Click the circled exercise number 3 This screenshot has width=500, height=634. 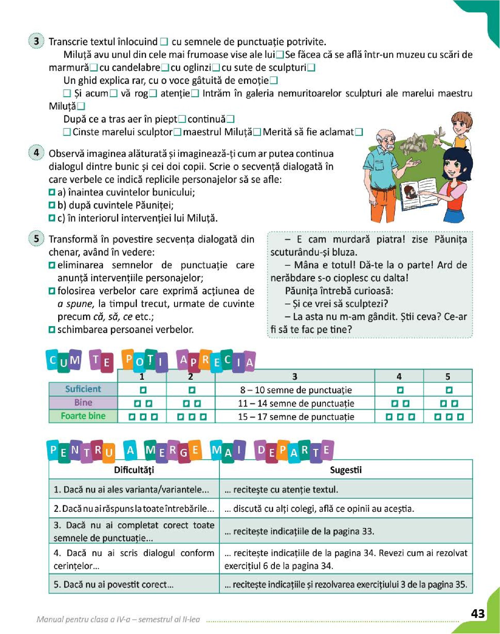pyautogui.click(x=37, y=41)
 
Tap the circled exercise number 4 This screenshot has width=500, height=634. pyautogui.click(x=37, y=153)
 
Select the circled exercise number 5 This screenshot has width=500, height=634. pyautogui.click(x=37, y=239)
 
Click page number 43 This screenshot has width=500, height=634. pyautogui.click(x=477, y=613)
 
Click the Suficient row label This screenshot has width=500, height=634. pyautogui.click(x=83, y=389)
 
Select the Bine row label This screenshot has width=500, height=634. pyautogui.click(x=83, y=403)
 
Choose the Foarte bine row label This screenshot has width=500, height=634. pyautogui.click(x=83, y=416)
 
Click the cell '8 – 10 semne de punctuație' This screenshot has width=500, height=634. pyautogui.click(x=296, y=390)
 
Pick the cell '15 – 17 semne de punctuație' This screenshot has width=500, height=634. pyautogui.click(x=296, y=417)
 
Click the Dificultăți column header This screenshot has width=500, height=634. pyautogui.click(x=134, y=470)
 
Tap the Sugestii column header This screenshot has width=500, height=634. pyautogui.click(x=346, y=470)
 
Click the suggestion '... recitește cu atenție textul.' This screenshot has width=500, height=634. pyautogui.click(x=281, y=490)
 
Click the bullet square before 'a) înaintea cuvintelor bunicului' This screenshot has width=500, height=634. pyautogui.click(x=52, y=192)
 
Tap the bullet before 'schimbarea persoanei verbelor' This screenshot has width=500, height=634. pyautogui.click(x=52, y=330)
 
